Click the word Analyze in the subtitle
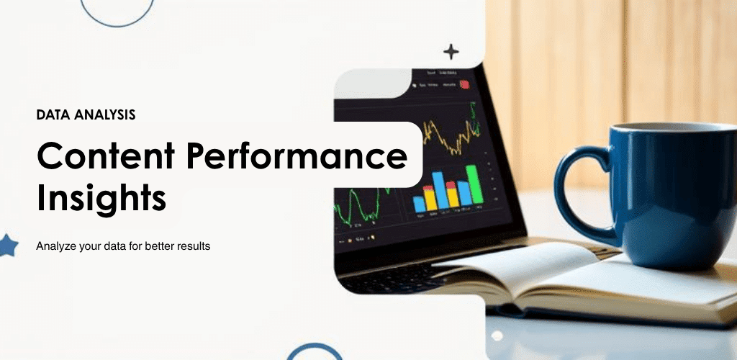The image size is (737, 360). tap(55, 246)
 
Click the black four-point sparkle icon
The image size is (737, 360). tap(451, 52)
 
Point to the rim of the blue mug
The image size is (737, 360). tap(669, 127)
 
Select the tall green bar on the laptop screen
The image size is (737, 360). tap(474, 184)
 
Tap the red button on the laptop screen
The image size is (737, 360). tap(464, 84)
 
